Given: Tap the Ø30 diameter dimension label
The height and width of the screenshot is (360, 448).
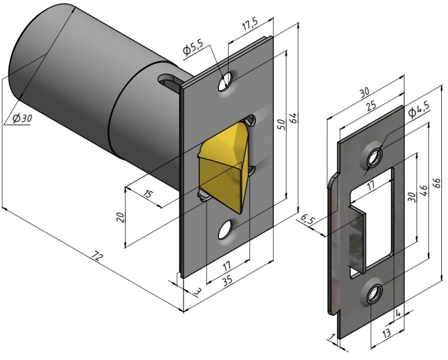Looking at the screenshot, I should (x=20, y=119).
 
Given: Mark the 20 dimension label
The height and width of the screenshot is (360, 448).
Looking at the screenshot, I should (x=119, y=217).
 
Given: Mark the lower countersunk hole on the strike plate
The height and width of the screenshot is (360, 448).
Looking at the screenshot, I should (x=374, y=293).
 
